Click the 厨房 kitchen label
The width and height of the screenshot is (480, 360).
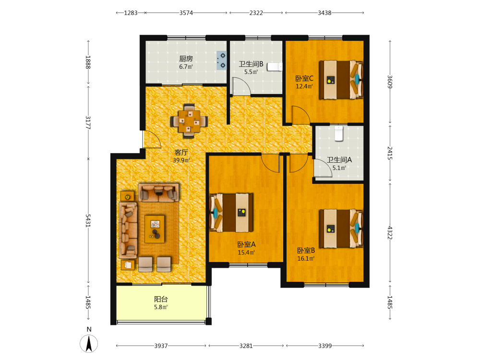186,59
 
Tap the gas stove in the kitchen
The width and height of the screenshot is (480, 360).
222,60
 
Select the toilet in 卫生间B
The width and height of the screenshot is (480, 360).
275,67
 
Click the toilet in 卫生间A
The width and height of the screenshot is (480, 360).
338,133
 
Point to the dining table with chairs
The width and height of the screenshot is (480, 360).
189,121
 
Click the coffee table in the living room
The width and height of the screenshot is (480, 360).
155,229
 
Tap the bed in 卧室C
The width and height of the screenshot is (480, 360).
341,80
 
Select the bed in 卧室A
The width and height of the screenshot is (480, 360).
231,213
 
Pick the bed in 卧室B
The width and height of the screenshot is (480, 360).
341,228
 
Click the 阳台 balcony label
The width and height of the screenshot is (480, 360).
161,299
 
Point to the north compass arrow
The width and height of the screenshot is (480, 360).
89,344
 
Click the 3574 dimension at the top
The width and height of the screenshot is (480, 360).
186,13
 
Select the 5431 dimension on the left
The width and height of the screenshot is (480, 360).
88,221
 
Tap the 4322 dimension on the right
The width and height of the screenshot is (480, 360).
390,233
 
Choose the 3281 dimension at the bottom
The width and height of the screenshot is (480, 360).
246,346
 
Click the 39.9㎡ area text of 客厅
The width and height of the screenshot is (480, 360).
181,160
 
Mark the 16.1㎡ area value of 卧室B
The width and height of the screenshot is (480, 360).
306,258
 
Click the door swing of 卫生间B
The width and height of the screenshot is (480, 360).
241,86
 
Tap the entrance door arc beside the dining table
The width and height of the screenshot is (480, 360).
152,139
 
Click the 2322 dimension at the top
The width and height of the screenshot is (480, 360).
256,13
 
